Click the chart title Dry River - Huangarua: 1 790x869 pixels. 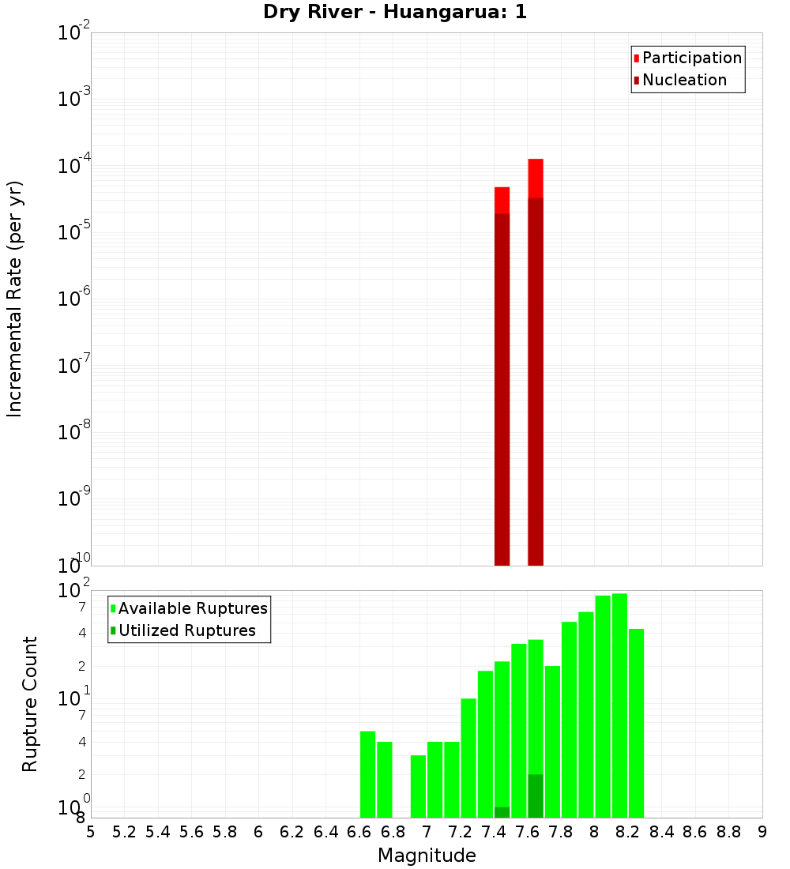[x=395, y=12]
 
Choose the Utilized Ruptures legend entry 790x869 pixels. [x=186, y=630]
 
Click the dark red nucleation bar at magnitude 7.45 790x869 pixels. [x=502, y=387]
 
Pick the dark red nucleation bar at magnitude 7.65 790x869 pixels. [x=536, y=379]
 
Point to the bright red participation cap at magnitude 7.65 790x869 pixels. [x=536, y=179]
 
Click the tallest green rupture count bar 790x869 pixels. [x=619, y=703]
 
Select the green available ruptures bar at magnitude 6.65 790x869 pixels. [x=367, y=774]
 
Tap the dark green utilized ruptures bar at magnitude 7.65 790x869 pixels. [x=536, y=796]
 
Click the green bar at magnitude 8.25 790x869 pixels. [x=636, y=723]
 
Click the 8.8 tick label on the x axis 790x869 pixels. [x=728, y=832]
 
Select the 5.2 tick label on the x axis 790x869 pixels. [x=124, y=832]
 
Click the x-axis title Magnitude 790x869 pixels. [x=427, y=856]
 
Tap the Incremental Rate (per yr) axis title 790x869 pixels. [x=14, y=299]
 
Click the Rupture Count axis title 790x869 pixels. [x=30, y=704]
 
